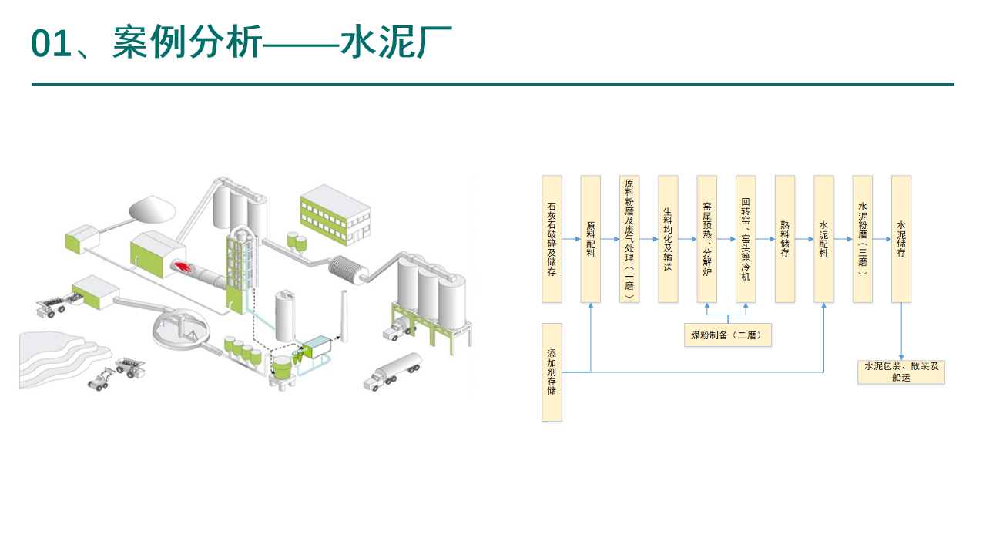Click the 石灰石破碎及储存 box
[x=552, y=239]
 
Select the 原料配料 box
[x=591, y=239]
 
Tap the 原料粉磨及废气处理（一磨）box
[x=629, y=239]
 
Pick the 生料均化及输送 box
[x=668, y=239]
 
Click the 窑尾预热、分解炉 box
[x=707, y=239]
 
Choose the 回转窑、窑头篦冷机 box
[x=746, y=239]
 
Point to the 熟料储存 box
[x=785, y=239]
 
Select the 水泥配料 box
[x=823, y=239]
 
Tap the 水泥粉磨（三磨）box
[x=863, y=239]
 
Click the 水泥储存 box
[x=901, y=239]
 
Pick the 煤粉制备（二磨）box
[x=727, y=335]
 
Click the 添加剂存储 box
[x=552, y=372]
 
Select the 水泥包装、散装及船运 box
[x=901, y=372]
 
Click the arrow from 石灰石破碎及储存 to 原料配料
[x=572, y=239]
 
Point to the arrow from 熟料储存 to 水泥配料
[x=804, y=239]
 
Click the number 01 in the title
[x=51, y=43]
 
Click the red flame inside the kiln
[x=183, y=267]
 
